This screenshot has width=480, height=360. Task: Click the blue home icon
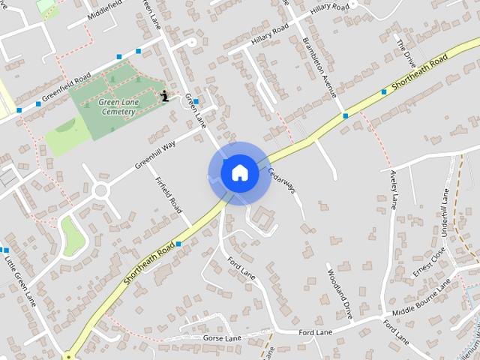pyautogui.click(x=239, y=172)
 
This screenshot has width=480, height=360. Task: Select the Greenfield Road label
pyautogui.click(x=66, y=87)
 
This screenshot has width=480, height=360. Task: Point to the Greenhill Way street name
pyautogui.click(x=155, y=154)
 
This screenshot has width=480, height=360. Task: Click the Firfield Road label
pyautogui.click(x=169, y=193)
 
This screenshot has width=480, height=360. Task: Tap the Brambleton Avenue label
pyautogui.click(x=319, y=58)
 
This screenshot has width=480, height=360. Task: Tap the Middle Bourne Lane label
pyautogui.click(x=421, y=298)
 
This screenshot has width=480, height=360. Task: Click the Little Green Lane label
pyautogui.click(x=20, y=280)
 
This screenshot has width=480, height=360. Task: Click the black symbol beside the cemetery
pyautogui.click(x=164, y=96)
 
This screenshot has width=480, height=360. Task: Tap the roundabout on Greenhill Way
pyautogui.click(x=101, y=191)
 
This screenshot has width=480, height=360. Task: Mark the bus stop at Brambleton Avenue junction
pyautogui.click(x=345, y=115)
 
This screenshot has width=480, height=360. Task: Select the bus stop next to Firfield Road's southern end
pyautogui.click(x=178, y=244)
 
